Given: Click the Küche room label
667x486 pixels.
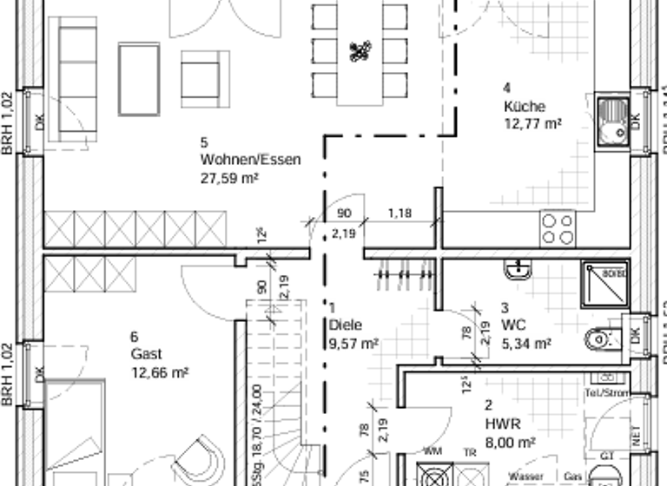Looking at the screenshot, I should coord(524,107).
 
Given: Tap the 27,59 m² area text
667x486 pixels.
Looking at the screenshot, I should coord(229,177).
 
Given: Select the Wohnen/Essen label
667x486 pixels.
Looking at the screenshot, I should coord(250,160).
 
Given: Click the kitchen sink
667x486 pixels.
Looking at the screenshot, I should coord(615,120).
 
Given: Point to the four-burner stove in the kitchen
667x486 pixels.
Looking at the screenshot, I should coord(558,228).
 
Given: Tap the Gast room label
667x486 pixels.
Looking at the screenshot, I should coord(146,354).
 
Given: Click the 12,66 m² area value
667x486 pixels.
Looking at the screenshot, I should coord(160,372).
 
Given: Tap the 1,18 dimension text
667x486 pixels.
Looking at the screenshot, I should coord(400,213).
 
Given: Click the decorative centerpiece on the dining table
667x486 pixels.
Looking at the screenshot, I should coord(360,51).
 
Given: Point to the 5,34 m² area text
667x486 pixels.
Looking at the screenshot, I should coord(526,344).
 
